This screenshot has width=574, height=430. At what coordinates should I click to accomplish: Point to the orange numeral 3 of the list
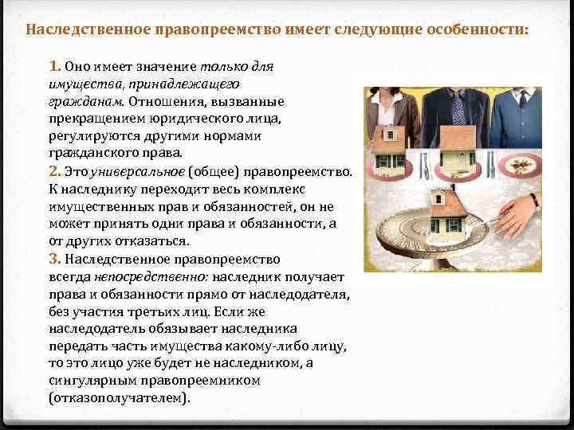tap(55, 258)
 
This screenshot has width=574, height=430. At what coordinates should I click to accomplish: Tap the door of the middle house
tap(457, 164)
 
